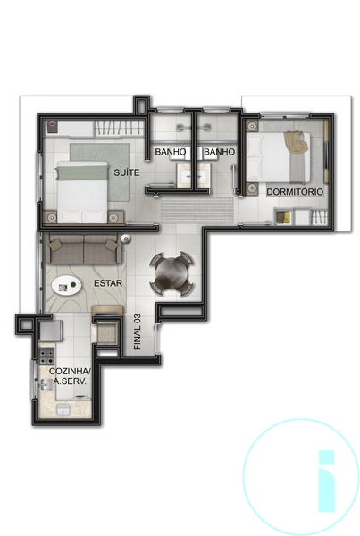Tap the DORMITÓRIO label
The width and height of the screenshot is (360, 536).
coord(294,192)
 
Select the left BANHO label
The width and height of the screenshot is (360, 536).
coord(171,153)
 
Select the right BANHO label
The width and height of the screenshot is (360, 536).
coord(219,153)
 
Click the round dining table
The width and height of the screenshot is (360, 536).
coord(170,272)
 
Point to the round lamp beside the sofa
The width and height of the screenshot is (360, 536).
coord(127,238)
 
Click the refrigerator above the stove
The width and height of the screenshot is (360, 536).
coord(51,334)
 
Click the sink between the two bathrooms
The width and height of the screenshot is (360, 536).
coord(195,176)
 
